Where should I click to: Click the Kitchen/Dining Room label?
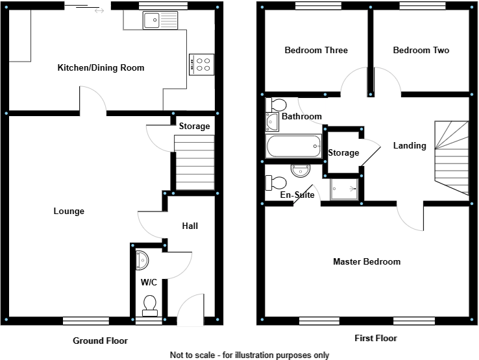point(101,68)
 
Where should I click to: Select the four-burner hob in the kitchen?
point(202,64)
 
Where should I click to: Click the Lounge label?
point(69,211)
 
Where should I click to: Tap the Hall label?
point(190,226)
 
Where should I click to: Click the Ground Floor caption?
point(100,341)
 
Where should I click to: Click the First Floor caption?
point(375,339)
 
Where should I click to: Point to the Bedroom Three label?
point(316,51)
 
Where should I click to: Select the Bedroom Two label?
point(421,51)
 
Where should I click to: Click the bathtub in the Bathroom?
point(294,147)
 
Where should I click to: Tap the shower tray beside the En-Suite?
point(345,189)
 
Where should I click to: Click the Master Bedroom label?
point(367,262)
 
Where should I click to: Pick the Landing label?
point(410,146)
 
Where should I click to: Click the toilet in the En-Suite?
point(278,183)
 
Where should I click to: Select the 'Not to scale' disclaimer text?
point(249,355)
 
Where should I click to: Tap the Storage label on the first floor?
point(343,153)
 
